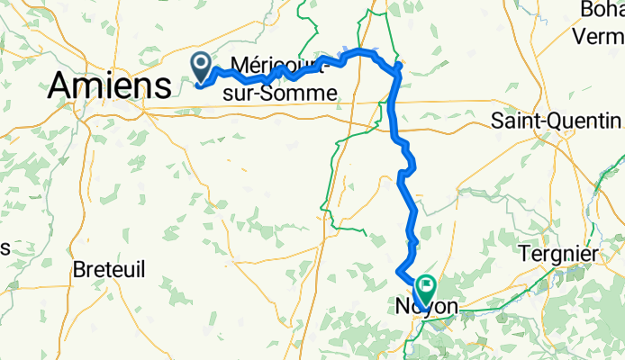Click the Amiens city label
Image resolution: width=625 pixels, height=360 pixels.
tap(110, 87)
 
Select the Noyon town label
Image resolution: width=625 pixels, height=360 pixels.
tap(426, 308)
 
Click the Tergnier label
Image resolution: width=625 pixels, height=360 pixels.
tap(558, 255)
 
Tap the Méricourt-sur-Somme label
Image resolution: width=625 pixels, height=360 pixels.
tap(284, 78)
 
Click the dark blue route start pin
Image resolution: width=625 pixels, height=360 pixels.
tap(200, 65)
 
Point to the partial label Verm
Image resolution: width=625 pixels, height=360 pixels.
tap(601, 37)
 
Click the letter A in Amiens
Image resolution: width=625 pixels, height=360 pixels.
tap(61, 87)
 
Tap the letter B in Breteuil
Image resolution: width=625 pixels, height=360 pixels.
tap(79, 268)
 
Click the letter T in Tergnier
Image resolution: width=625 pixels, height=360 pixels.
tap(525, 255)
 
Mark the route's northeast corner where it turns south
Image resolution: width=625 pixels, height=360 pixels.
tap(396, 67)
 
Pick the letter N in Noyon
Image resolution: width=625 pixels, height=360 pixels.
tap(403, 308)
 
